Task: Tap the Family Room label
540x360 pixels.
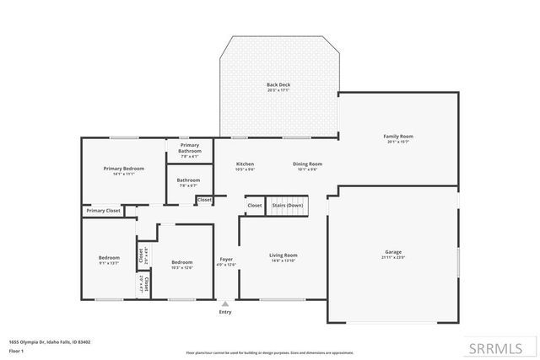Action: (x=398, y=136)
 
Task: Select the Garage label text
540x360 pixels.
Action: (x=393, y=252)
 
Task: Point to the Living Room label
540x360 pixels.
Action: (x=283, y=255)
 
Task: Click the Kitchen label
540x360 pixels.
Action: (x=245, y=164)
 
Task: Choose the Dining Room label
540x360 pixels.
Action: (x=307, y=164)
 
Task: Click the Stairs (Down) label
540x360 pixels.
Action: (x=287, y=205)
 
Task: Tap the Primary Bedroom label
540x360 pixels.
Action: (x=124, y=169)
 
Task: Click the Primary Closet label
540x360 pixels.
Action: (x=103, y=210)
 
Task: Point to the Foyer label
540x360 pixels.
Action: (x=226, y=259)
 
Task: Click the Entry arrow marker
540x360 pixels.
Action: (x=224, y=304)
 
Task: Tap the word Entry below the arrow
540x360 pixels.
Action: (x=224, y=312)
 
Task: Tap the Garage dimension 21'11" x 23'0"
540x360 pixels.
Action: (x=393, y=258)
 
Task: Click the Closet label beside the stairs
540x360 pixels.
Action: (x=254, y=205)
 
